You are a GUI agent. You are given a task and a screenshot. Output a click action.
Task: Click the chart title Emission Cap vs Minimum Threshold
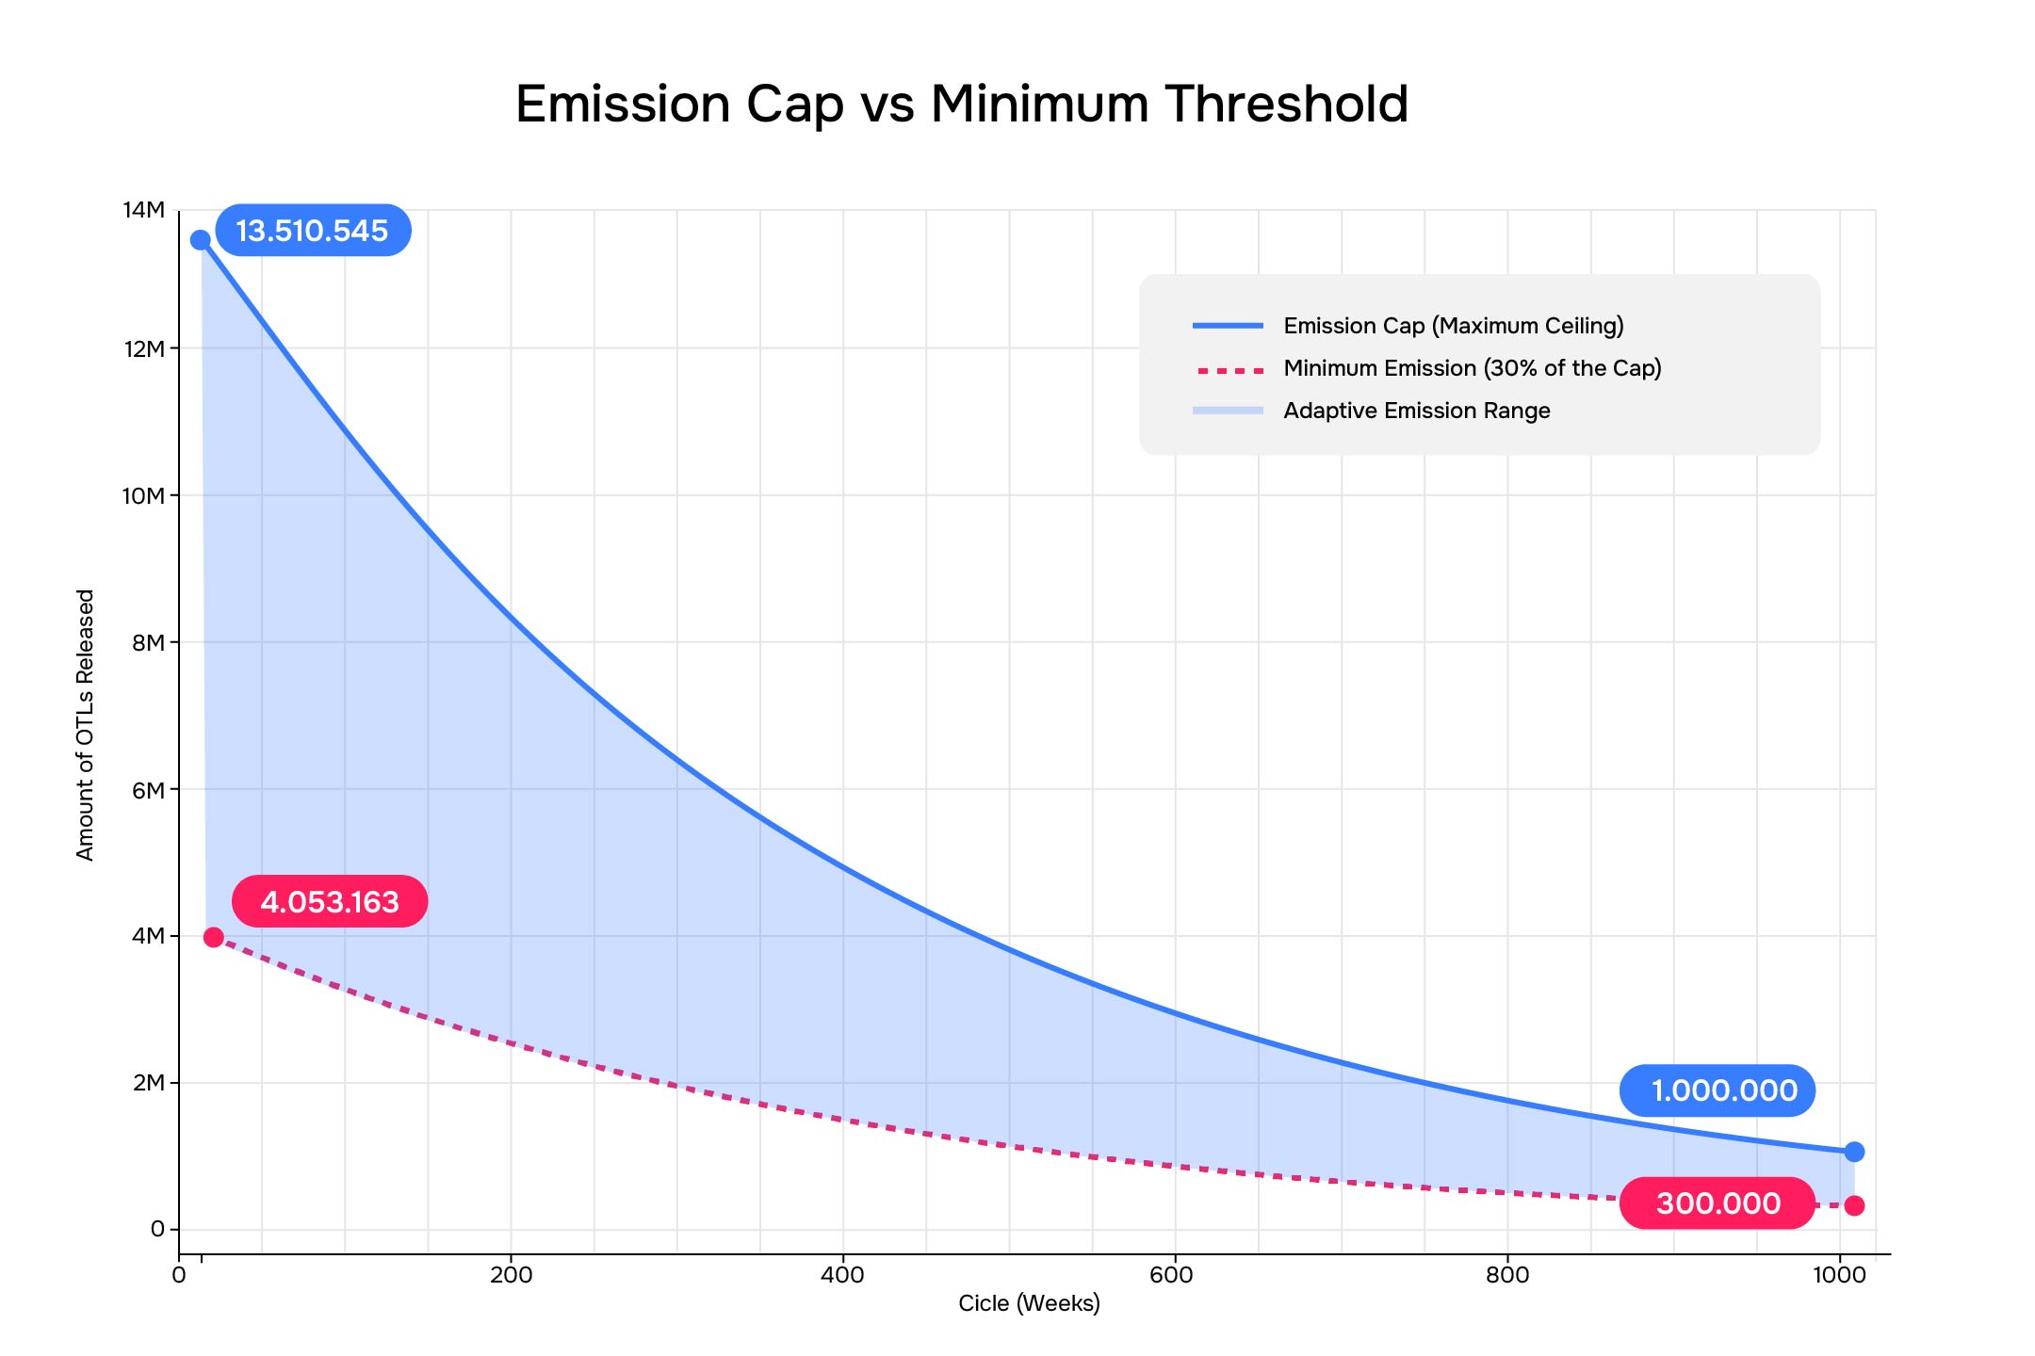[962, 104]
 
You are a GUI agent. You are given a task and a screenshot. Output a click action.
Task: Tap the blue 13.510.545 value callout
[313, 231]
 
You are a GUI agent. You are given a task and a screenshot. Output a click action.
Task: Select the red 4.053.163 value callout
[330, 901]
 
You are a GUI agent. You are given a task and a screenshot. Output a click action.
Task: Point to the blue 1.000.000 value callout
[1718, 1090]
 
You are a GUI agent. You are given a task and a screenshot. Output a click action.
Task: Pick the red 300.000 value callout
[1718, 1203]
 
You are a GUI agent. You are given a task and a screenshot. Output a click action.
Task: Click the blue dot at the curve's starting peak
[201, 240]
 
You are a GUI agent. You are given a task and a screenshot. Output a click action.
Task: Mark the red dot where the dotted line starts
[214, 937]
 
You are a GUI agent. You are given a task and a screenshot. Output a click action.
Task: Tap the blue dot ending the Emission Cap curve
[1854, 1152]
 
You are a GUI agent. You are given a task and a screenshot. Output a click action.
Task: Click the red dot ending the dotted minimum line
[1854, 1205]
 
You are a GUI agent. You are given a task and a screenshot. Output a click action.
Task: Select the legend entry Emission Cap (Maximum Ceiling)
[1408, 326]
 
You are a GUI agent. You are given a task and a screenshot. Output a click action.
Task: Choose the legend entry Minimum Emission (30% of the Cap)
[1427, 368]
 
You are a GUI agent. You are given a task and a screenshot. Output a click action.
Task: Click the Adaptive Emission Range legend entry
[1372, 411]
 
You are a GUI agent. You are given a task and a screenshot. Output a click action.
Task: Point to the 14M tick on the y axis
[144, 210]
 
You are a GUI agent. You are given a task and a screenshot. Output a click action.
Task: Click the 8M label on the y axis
[148, 642]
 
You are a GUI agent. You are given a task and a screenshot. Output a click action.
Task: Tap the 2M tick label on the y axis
[149, 1083]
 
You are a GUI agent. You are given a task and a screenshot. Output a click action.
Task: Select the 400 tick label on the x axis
[842, 1275]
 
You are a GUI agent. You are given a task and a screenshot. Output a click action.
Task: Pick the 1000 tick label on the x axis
[1839, 1275]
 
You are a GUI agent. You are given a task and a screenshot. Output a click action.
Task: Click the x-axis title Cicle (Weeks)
[1029, 1303]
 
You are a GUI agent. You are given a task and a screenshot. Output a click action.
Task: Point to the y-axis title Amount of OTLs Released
[86, 725]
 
